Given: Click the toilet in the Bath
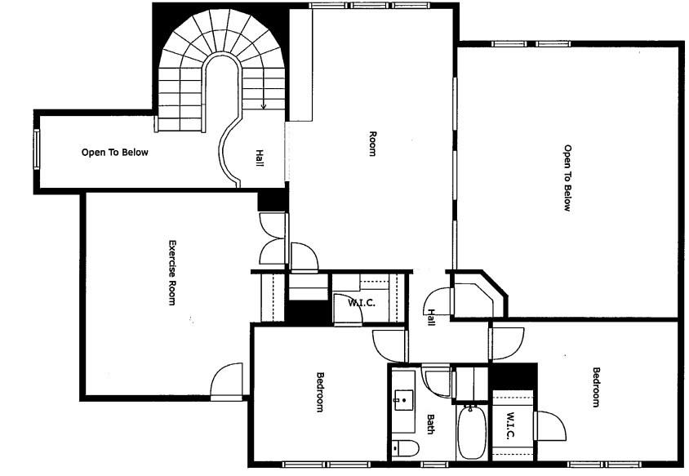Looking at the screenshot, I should [x=405, y=447].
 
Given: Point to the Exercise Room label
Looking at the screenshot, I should [x=171, y=273].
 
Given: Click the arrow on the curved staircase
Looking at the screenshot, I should [x=263, y=104].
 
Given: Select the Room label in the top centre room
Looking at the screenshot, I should [x=372, y=144].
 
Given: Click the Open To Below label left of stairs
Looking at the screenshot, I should [x=115, y=152].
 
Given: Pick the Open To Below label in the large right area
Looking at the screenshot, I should [x=567, y=178].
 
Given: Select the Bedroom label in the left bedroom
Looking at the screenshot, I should [x=321, y=392].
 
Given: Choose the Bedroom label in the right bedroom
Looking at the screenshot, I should [x=596, y=388].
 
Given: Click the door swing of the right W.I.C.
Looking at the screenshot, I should [x=549, y=427].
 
